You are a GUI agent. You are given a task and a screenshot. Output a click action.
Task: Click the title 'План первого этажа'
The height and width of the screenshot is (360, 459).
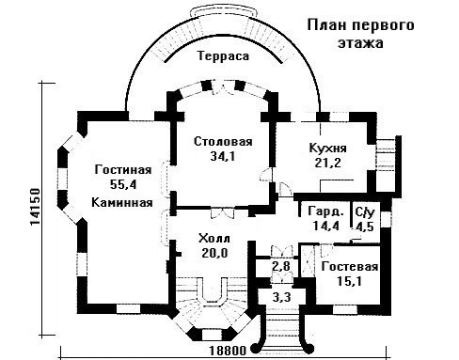pos(360,33)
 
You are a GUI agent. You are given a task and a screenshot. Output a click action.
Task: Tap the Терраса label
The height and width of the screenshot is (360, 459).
pos(223,56)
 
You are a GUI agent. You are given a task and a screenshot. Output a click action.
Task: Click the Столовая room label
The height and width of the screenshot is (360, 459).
pos(223,141)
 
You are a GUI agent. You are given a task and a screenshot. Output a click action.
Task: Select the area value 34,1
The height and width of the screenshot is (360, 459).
pos(222,156)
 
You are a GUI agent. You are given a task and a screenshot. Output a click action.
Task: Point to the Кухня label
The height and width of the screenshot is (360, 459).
pos(328,148)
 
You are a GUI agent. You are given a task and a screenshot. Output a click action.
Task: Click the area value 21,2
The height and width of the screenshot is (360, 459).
pos(328,163)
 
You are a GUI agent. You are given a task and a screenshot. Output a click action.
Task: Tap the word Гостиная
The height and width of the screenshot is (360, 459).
pos(123,170)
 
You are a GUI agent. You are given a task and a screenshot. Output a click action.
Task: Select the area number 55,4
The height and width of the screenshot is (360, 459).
pos(123,184)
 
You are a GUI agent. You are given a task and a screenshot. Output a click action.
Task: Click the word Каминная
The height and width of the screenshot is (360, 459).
pos(122,202)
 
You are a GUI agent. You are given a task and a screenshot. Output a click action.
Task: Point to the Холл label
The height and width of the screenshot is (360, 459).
pos(214,239)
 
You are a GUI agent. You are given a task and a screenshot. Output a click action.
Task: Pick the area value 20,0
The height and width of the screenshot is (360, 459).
pos(214,253)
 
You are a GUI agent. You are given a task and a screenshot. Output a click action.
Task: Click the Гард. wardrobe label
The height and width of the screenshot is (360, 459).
pos(325,211)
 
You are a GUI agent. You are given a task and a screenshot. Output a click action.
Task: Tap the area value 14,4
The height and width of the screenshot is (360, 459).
pos(326,226)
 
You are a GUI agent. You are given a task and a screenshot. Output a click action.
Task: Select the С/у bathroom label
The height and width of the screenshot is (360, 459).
pos(365,212)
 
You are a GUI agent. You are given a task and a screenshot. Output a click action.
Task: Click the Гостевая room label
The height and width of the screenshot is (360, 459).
pos(350,267)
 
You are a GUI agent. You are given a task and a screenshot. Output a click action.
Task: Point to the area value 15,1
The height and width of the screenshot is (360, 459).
pos(349,281)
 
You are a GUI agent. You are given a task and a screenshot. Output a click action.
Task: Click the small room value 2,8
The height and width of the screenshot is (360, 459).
pos(281,266)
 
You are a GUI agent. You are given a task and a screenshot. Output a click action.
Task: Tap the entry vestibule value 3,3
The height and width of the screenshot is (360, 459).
pos(281,297)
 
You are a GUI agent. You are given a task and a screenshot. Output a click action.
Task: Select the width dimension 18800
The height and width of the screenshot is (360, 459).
pos(228,351)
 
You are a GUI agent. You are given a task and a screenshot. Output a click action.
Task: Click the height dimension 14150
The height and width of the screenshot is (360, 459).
pos(35,207)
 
